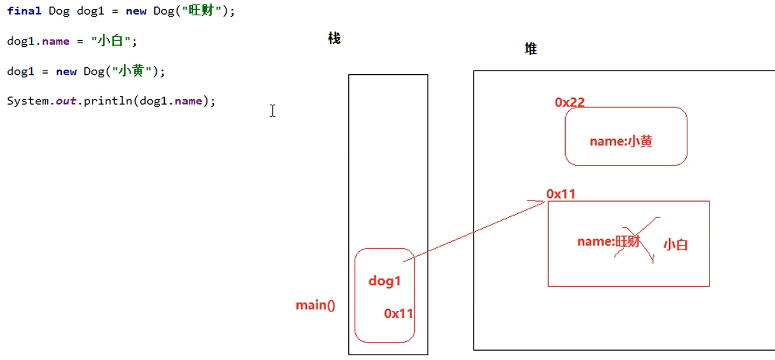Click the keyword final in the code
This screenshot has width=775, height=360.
(24, 11)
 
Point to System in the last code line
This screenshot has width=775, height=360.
(27, 101)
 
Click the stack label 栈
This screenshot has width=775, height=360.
(334, 39)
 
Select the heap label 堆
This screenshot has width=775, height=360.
(531, 49)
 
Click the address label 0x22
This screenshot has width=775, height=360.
(570, 102)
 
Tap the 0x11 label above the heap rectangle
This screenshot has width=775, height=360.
(561, 194)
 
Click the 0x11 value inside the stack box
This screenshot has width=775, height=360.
(399, 314)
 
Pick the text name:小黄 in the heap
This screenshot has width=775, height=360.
(621, 141)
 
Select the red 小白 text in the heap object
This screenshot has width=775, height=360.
(676, 245)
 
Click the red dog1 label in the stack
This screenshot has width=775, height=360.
(385, 281)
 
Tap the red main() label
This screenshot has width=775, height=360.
(316, 305)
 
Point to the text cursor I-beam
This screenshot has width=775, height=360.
(273, 110)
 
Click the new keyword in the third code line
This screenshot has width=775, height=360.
(67, 71)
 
